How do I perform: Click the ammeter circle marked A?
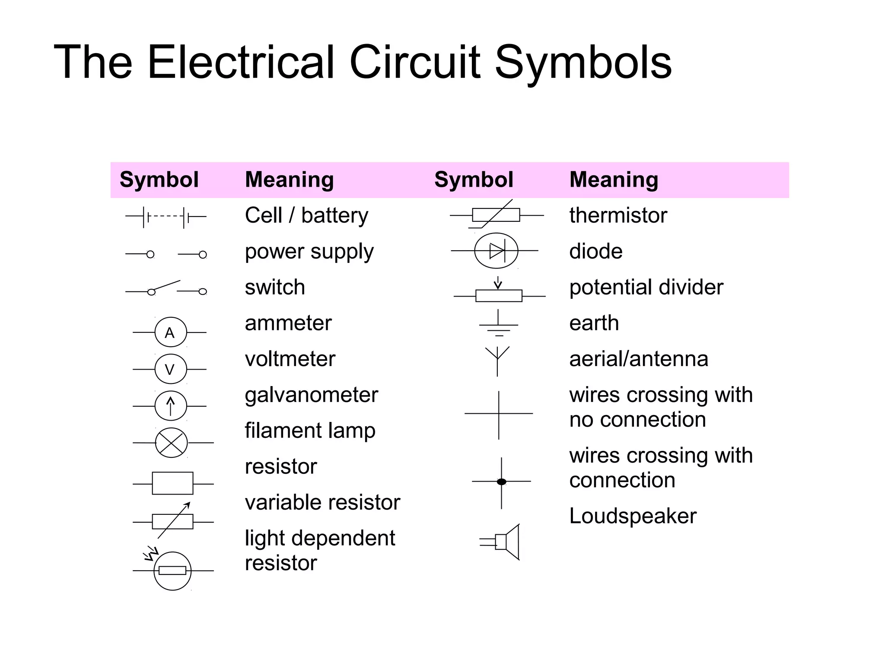171,332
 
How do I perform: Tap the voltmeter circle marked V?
171,369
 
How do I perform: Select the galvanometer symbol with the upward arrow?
171,406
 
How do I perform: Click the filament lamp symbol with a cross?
172,443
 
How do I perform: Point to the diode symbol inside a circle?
496,251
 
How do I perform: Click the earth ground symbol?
499,324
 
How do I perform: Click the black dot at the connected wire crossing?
501,482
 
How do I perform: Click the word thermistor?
618,215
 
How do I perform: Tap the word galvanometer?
311,395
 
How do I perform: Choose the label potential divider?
646,287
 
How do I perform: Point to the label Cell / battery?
306,215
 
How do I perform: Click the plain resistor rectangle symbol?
172,483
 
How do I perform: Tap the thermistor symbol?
496,215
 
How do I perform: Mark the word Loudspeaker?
633,516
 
